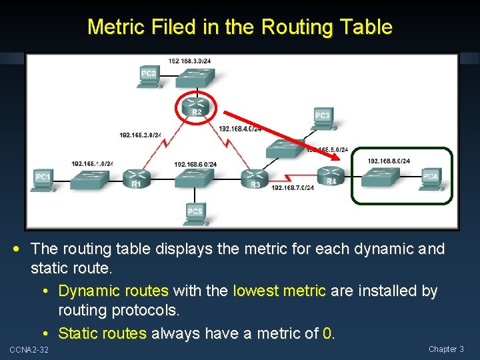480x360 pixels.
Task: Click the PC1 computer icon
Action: coord(43,179)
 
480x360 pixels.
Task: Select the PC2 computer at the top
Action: coord(149,76)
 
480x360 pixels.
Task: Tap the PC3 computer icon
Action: coord(322,118)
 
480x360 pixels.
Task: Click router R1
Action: coord(135,178)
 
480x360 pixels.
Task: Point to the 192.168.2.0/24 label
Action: coord(140,135)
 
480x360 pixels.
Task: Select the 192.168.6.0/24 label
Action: coord(195,164)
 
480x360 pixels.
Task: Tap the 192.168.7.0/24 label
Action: coord(293,188)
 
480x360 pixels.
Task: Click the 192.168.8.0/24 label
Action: coord(389,161)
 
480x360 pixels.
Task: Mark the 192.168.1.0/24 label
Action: coord(92,164)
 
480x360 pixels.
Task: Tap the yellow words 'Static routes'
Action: coord(102,333)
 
